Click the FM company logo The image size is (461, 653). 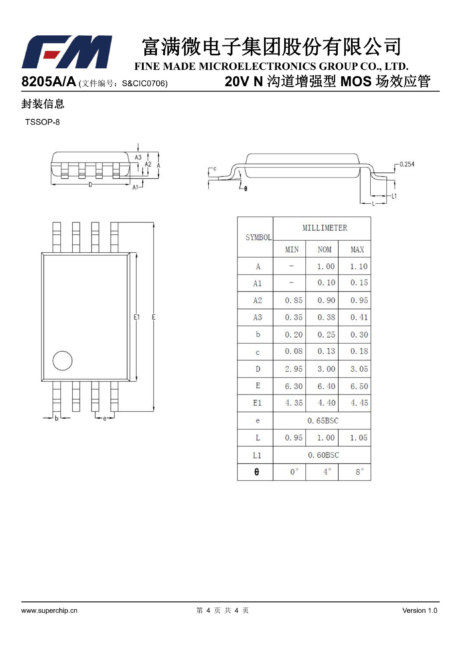pyautogui.click(x=67, y=52)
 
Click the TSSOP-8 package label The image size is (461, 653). pyautogui.click(x=42, y=122)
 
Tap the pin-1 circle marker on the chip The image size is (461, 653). pyautogui.click(x=63, y=361)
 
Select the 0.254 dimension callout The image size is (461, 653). pyautogui.click(x=407, y=164)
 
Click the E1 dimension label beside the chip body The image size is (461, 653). pyautogui.click(x=137, y=317)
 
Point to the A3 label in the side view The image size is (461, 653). pyautogui.click(x=138, y=157)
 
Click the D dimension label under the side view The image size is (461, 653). pyautogui.click(x=90, y=185)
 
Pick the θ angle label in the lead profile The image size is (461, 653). pyautogui.click(x=246, y=188)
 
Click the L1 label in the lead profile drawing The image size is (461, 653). pyautogui.click(x=394, y=196)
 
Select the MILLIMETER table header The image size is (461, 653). pyautogui.click(x=325, y=228)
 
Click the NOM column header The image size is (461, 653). pyautogui.click(x=324, y=250)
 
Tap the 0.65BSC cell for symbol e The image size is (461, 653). pyautogui.click(x=323, y=421)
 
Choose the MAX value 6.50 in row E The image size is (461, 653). pyautogui.click(x=359, y=386)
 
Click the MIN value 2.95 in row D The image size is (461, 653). pyautogui.click(x=294, y=369)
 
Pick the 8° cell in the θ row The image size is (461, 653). pyautogui.click(x=359, y=472)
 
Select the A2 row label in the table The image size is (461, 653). pyautogui.click(x=258, y=300)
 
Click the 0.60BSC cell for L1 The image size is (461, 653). pyautogui.click(x=323, y=455)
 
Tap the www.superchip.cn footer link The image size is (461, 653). pyautogui.click(x=49, y=610)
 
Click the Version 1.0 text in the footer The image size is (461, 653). pyautogui.click(x=419, y=610)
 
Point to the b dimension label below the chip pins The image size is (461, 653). pyautogui.click(x=56, y=418)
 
